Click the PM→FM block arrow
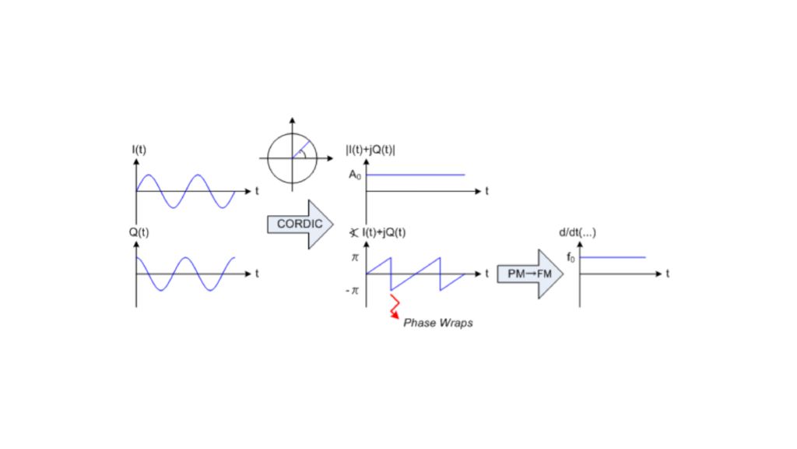[529, 274]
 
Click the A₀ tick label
[355, 176]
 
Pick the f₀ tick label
[571, 257]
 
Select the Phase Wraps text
[437, 322]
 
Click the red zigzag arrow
[395, 306]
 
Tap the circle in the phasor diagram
[293, 157]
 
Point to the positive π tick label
[356, 256]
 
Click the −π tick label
[353, 291]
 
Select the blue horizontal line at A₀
[416, 175]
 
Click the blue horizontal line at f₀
[613, 256]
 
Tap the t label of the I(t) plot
[256, 190]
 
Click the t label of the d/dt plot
[668, 273]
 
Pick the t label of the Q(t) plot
[256, 274]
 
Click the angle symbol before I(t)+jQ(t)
[354, 232]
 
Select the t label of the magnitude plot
[486, 191]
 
